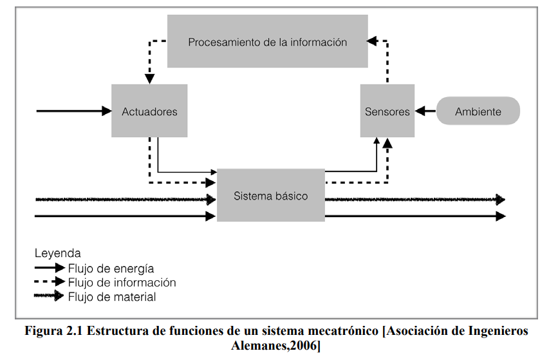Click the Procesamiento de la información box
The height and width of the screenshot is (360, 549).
click(268, 41)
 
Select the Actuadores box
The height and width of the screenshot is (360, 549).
click(149, 111)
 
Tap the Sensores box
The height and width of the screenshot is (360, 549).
click(387, 111)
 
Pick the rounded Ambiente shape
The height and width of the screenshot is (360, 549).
click(478, 111)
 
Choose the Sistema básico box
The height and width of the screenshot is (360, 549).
click(271, 195)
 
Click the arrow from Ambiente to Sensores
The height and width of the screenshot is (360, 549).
click(425, 111)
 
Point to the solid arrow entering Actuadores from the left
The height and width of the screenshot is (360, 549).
click(74, 111)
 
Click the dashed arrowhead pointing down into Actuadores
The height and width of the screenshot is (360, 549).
click(150, 79)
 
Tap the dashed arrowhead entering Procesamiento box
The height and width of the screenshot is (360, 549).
click(372, 41)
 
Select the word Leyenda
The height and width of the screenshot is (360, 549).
click(58, 253)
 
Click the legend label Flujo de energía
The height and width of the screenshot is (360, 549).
click(111, 269)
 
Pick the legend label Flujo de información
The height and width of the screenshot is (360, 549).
click(122, 282)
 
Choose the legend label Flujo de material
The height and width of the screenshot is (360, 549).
click(112, 297)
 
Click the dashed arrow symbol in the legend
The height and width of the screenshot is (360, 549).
click(50, 281)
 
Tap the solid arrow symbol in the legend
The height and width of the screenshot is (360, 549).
click(50, 268)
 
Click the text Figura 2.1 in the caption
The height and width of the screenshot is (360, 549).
click(53, 330)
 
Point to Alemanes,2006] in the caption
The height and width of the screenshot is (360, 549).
click(275, 346)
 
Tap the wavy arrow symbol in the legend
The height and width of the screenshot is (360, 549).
click(49, 296)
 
